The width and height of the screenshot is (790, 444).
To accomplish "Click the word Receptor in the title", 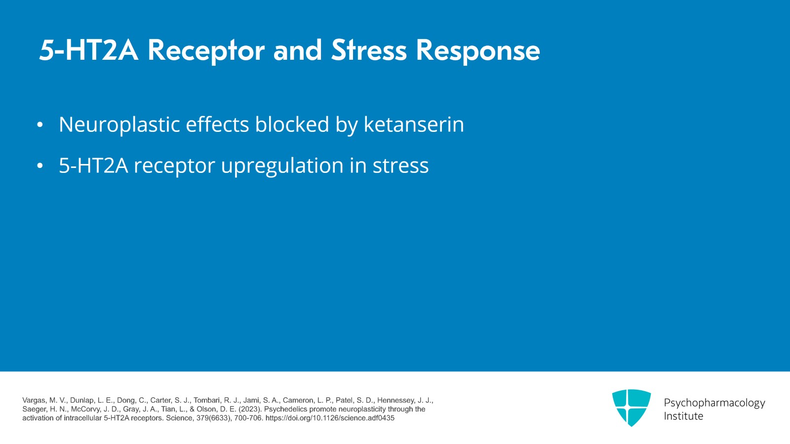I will (206, 50).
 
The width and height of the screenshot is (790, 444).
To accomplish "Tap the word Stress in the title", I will (369, 50).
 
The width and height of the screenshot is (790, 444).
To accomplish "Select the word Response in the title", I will (477, 50).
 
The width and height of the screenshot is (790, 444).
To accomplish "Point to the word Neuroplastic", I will (119, 124).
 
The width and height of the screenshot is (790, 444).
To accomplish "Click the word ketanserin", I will (414, 124).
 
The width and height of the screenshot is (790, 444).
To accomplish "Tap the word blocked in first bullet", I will (292, 124).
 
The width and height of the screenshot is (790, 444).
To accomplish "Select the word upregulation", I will (282, 166).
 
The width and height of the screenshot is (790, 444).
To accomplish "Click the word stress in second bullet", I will (400, 166).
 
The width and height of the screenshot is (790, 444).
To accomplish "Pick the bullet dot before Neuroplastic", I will (40, 125).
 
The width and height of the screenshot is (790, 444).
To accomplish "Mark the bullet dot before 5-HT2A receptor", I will (40, 166).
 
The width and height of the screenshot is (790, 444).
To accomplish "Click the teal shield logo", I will (631, 407).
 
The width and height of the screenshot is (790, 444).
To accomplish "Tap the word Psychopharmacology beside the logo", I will (714, 403).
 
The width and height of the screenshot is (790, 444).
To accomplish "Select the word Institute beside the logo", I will (683, 416).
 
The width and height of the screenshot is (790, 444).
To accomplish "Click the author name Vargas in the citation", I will (34, 401).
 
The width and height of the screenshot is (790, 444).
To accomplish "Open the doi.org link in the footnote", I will (330, 418).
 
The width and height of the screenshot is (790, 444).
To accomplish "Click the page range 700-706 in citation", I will (248, 418).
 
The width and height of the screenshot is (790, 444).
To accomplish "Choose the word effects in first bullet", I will (217, 124).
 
